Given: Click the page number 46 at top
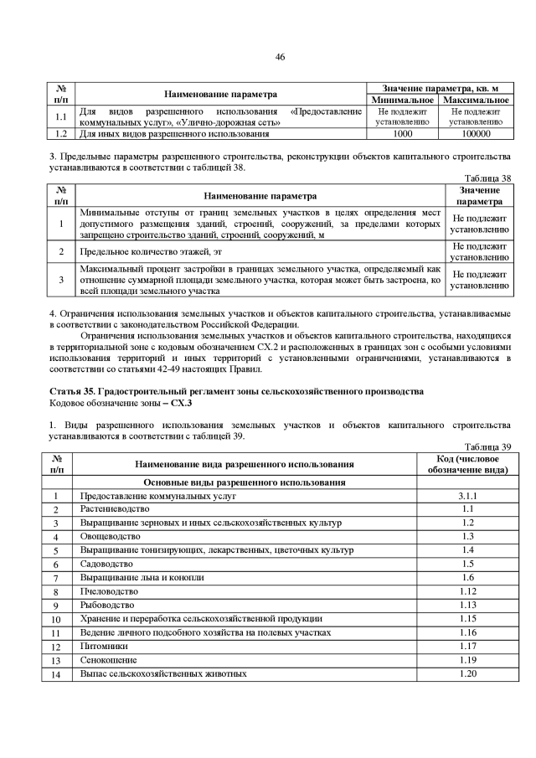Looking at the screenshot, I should point(281,57).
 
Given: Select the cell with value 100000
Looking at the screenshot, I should point(475,133).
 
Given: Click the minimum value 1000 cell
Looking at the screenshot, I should point(402,133).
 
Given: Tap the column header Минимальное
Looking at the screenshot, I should point(403,100).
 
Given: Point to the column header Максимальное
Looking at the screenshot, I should point(475,100).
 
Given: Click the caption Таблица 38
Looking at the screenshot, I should point(487,178).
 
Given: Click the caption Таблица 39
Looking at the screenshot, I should point(487,446).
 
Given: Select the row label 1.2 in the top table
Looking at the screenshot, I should point(60,133).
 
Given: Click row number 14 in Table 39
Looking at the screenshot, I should point(56,673).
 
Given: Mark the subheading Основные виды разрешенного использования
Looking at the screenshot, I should point(245,483).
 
